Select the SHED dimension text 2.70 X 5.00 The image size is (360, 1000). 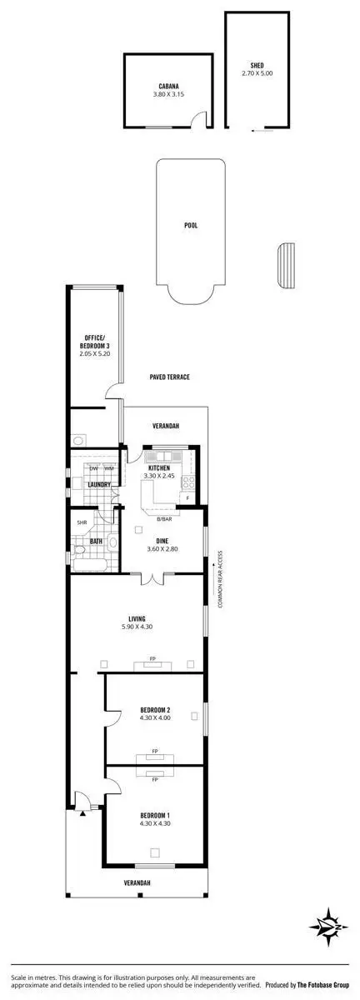pyautogui.click(x=257, y=73)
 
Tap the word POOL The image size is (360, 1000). pyautogui.click(x=191, y=225)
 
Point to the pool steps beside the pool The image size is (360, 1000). pyautogui.click(x=286, y=265)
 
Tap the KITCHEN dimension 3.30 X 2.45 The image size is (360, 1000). pyautogui.click(x=159, y=476)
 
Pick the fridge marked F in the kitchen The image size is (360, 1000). pyautogui.click(x=187, y=498)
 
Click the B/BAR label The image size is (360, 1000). pyautogui.click(x=164, y=519)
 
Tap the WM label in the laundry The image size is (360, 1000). pyautogui.click(x=109, y=468)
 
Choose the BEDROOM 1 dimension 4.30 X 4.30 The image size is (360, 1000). pyautogui.click(x=155, y=824)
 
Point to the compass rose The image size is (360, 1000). pyautogui.click(x=331, y=925)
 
